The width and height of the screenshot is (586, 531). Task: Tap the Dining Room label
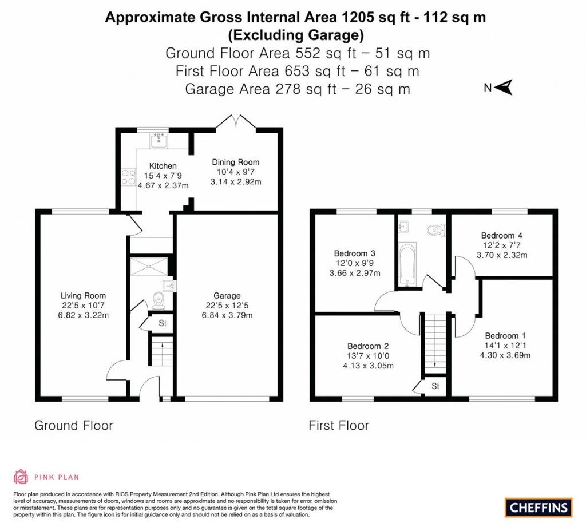point(236,163)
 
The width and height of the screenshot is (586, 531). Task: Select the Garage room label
point(227,296)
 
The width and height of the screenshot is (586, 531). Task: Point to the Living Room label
point(84,296)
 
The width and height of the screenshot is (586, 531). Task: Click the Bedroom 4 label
point(501,235)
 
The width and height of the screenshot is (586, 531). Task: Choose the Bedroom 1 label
point(505,336)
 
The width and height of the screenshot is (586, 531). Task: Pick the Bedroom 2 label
point(368,346)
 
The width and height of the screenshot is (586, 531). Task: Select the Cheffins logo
point(539,507)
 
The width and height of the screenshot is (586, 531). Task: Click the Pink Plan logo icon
point(21,476)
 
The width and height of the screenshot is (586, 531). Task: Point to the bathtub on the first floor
point(407,264)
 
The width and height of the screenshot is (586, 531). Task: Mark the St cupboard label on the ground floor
point(163,323)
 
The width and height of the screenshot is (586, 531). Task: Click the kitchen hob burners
point(127,177)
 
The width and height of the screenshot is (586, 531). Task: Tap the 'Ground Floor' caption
point(74,425)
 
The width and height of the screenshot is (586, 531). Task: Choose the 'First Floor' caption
point(339,425)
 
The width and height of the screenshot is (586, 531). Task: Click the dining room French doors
point(236,122)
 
